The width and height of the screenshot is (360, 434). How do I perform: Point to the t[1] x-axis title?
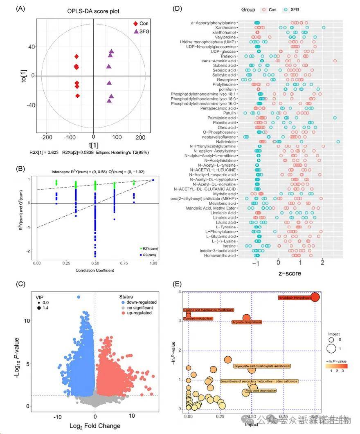point(94,145)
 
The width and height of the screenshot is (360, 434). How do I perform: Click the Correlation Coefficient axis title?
point(94,270)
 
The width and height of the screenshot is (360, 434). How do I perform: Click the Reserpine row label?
point(226,80)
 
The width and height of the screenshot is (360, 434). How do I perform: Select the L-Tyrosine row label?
point(226,227)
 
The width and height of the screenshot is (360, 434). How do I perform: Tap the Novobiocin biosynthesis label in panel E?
point(294,298)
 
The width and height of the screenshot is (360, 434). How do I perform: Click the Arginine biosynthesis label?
point(247,322)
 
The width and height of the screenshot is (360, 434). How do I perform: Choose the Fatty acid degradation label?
point(260,391)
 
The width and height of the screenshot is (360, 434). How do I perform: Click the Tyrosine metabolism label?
point(198,318)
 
